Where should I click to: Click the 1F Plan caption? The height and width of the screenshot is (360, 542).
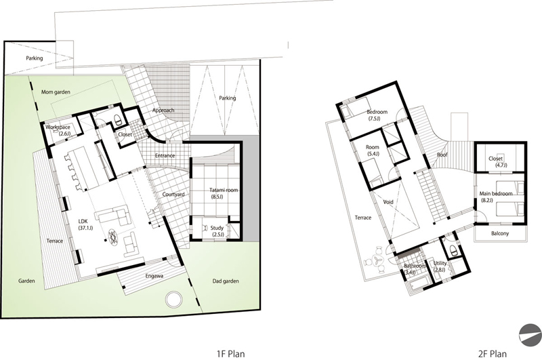[x=230, y=354]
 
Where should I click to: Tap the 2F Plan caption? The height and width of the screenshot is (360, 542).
[x=493, y=354]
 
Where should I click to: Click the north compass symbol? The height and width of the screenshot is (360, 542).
[x=530, y=335]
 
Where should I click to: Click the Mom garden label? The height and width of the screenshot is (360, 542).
[x=56, y=92]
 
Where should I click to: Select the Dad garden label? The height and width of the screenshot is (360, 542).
[x=226, y=281]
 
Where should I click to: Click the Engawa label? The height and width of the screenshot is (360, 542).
[x=154, y=276]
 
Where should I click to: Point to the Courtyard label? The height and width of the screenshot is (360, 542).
[x=173, y=195]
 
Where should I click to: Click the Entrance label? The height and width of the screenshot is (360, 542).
[x=165, y=156]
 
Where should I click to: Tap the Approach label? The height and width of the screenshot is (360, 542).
[x=163, y=111]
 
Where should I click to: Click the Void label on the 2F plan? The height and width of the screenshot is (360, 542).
[x=388, y=201]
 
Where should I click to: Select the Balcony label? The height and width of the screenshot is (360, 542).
[x=500, y=233]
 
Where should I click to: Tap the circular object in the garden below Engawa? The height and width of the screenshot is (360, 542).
[x=173, y=299]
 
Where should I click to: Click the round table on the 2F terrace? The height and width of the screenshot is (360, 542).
[x=376, y=262]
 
